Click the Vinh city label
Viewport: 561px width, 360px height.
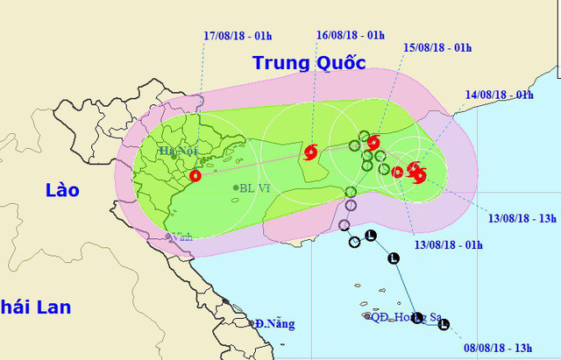(182, 236)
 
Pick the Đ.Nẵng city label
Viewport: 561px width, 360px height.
(275, 323)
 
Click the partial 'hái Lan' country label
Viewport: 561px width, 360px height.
(36, 307)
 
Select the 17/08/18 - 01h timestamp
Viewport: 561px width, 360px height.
(238, 35)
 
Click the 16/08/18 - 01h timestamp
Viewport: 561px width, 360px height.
(351, 35)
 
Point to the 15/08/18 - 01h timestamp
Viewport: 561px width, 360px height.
(437, 46)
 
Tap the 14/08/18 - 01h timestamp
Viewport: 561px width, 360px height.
(501, 94)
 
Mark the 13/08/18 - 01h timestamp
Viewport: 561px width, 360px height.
(448, 244)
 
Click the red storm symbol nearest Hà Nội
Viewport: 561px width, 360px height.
(195, 175)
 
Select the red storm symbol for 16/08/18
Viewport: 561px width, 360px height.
(310, 152)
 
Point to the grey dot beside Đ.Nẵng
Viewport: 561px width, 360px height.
(252, 324)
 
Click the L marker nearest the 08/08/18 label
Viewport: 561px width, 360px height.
(444, 325)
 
